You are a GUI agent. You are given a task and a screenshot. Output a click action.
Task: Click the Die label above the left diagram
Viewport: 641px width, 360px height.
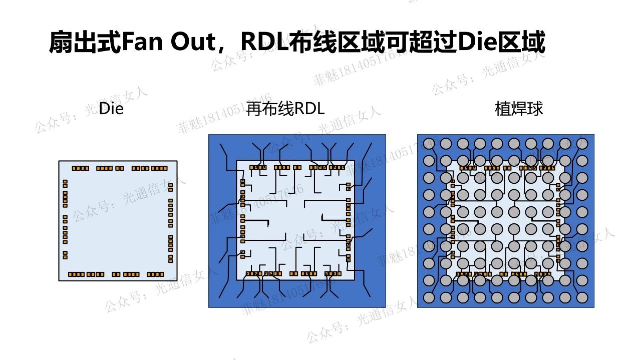coord(111,109)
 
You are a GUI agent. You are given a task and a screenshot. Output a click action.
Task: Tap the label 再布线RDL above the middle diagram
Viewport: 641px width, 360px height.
coord(285,109)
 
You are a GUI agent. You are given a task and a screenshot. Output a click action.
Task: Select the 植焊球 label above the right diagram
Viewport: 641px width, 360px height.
coord(519,109)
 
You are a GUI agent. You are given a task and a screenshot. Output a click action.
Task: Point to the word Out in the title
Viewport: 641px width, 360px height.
coord(192,43)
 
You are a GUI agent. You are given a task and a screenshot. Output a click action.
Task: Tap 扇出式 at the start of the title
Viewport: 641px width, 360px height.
coord(85,43)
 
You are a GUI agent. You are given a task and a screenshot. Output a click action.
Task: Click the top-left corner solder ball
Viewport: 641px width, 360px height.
coord(429,144)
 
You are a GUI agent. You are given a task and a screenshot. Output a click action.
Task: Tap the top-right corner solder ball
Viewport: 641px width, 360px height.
coord(582,144)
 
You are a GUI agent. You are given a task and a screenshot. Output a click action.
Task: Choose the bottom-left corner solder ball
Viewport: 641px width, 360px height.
coord(429,297)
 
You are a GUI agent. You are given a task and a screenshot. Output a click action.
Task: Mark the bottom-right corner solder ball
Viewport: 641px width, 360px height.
coord(582,297)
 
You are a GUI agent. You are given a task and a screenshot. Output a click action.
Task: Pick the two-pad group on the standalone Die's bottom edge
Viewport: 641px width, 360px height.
coord(116,274)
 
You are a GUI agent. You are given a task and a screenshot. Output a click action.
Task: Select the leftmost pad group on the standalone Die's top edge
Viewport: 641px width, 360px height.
coord(80,168)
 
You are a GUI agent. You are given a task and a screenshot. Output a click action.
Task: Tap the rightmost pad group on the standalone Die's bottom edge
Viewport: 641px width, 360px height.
coord(155,274)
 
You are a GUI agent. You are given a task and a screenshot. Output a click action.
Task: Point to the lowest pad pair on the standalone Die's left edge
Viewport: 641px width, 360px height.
coord(65,255)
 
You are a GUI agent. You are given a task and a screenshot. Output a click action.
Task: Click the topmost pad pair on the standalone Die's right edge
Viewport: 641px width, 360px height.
coord(171,188)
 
